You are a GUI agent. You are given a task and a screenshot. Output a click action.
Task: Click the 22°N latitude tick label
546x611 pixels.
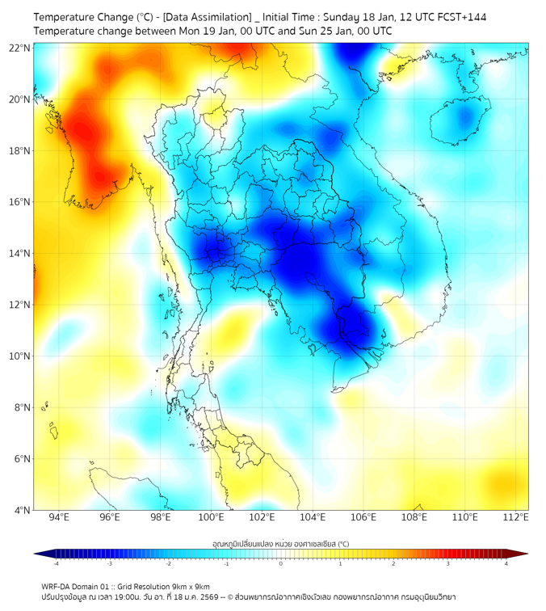(x=19, y=48)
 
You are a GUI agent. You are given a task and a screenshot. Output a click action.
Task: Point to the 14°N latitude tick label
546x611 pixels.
(x=19, y=254)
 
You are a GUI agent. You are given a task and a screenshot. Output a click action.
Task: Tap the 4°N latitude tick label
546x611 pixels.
(x=22, y=510)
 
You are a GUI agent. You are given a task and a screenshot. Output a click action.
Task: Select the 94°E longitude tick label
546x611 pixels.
(x=59, y=516)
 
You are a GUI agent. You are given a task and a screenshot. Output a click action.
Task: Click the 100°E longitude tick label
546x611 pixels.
(x=212, y=516)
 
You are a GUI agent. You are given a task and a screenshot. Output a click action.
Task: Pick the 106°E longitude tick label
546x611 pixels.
(x=363, y=516)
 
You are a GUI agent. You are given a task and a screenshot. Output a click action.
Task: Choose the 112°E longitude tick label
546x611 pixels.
(x=516, y=516)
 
